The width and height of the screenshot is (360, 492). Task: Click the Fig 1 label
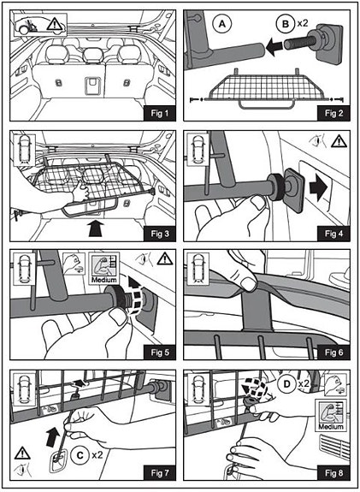160,113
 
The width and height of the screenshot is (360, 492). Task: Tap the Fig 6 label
333,353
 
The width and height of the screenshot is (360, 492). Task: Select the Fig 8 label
333,473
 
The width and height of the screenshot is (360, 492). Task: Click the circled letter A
221,24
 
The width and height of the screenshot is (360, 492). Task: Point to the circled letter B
286,24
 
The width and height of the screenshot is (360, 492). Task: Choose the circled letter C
80,454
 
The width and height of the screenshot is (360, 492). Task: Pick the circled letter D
287,383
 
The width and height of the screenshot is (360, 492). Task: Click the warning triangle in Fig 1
55,24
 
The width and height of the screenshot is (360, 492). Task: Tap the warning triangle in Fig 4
339,141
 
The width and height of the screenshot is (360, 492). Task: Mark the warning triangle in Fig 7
22,453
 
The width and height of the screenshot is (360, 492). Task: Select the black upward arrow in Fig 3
96,228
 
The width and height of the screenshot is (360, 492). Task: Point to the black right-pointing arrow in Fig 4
318,189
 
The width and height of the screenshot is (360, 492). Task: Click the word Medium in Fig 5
103,280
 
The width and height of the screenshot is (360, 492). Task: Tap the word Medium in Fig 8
331,426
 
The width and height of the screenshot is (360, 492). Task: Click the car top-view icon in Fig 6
198,269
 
